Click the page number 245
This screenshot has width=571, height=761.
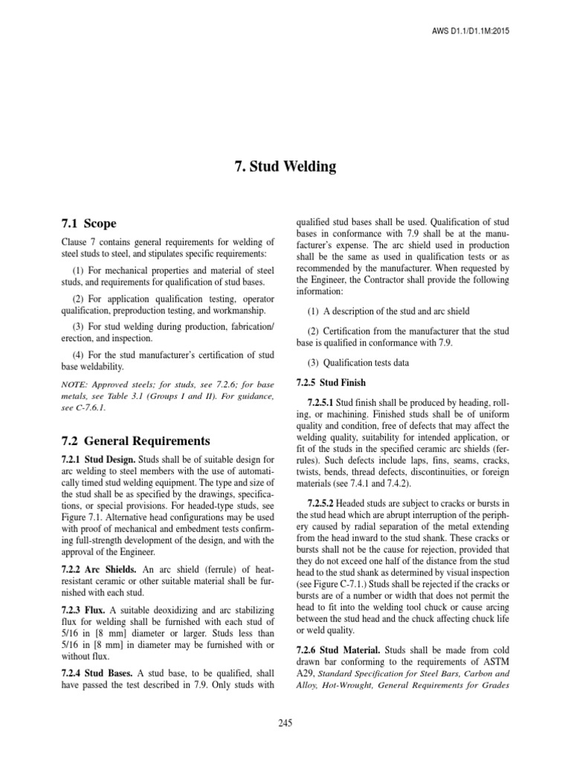285,722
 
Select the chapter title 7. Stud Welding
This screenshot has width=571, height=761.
285,166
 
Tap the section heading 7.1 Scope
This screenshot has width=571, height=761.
88,223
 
